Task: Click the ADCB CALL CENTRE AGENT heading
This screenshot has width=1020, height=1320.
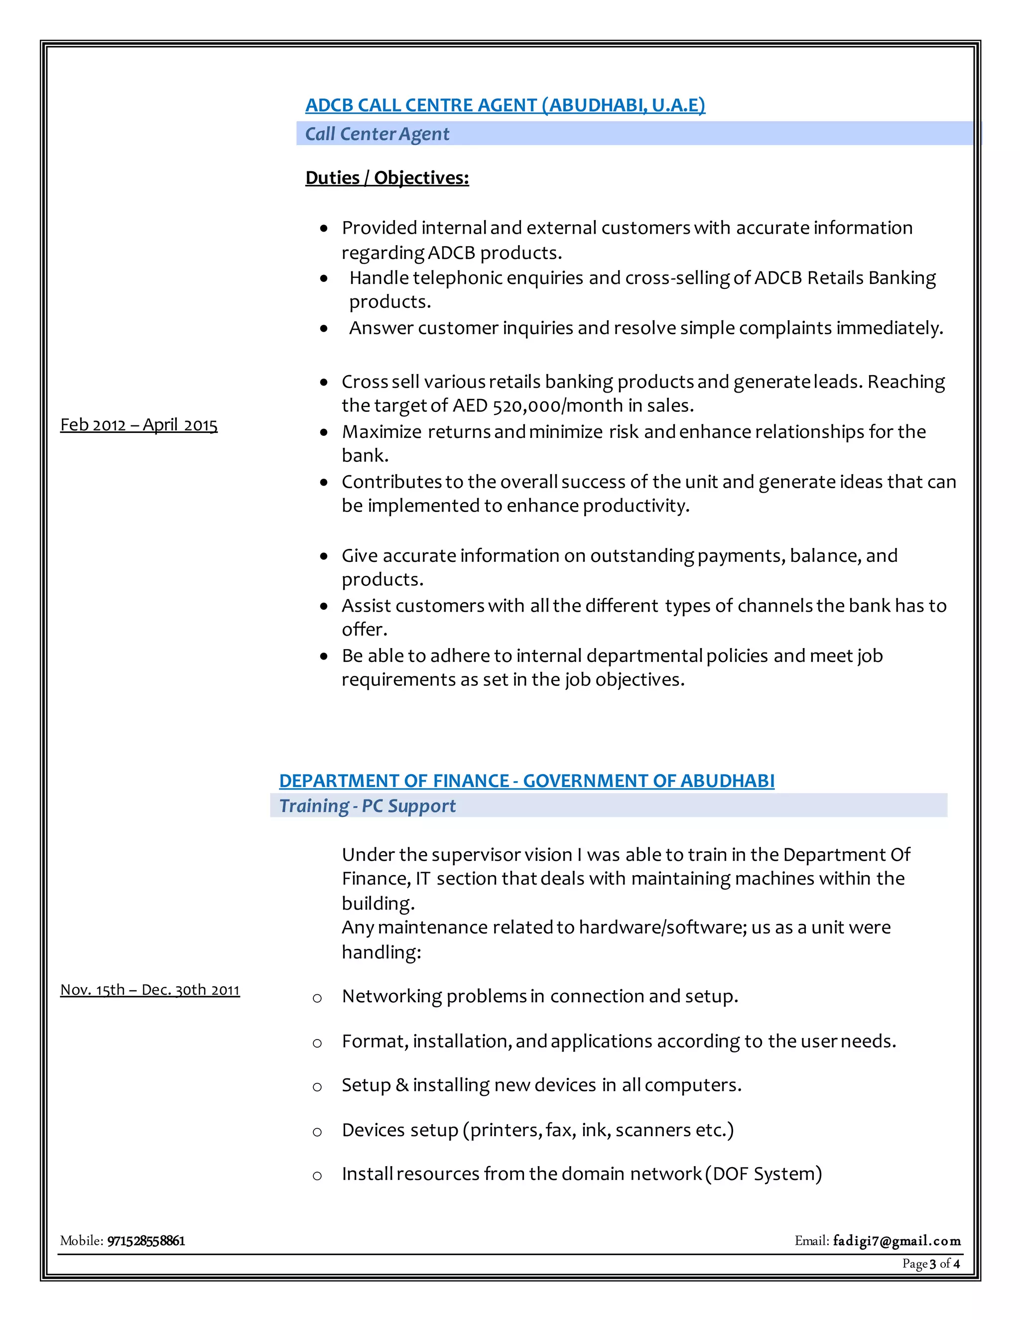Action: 505,105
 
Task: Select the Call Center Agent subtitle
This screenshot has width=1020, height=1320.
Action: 377,133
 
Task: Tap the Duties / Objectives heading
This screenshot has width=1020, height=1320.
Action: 386,178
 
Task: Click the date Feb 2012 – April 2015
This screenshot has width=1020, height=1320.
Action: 138,425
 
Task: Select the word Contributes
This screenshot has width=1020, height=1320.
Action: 391,482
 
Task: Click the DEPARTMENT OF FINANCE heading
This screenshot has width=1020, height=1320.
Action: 526,781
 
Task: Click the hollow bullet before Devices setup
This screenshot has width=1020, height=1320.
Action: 317,1131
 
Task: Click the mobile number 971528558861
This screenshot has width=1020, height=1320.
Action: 146,1241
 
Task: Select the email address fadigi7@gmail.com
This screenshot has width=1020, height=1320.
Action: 896,1241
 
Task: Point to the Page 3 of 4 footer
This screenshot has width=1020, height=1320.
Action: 930,1264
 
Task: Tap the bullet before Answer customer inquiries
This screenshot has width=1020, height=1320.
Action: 325,329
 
